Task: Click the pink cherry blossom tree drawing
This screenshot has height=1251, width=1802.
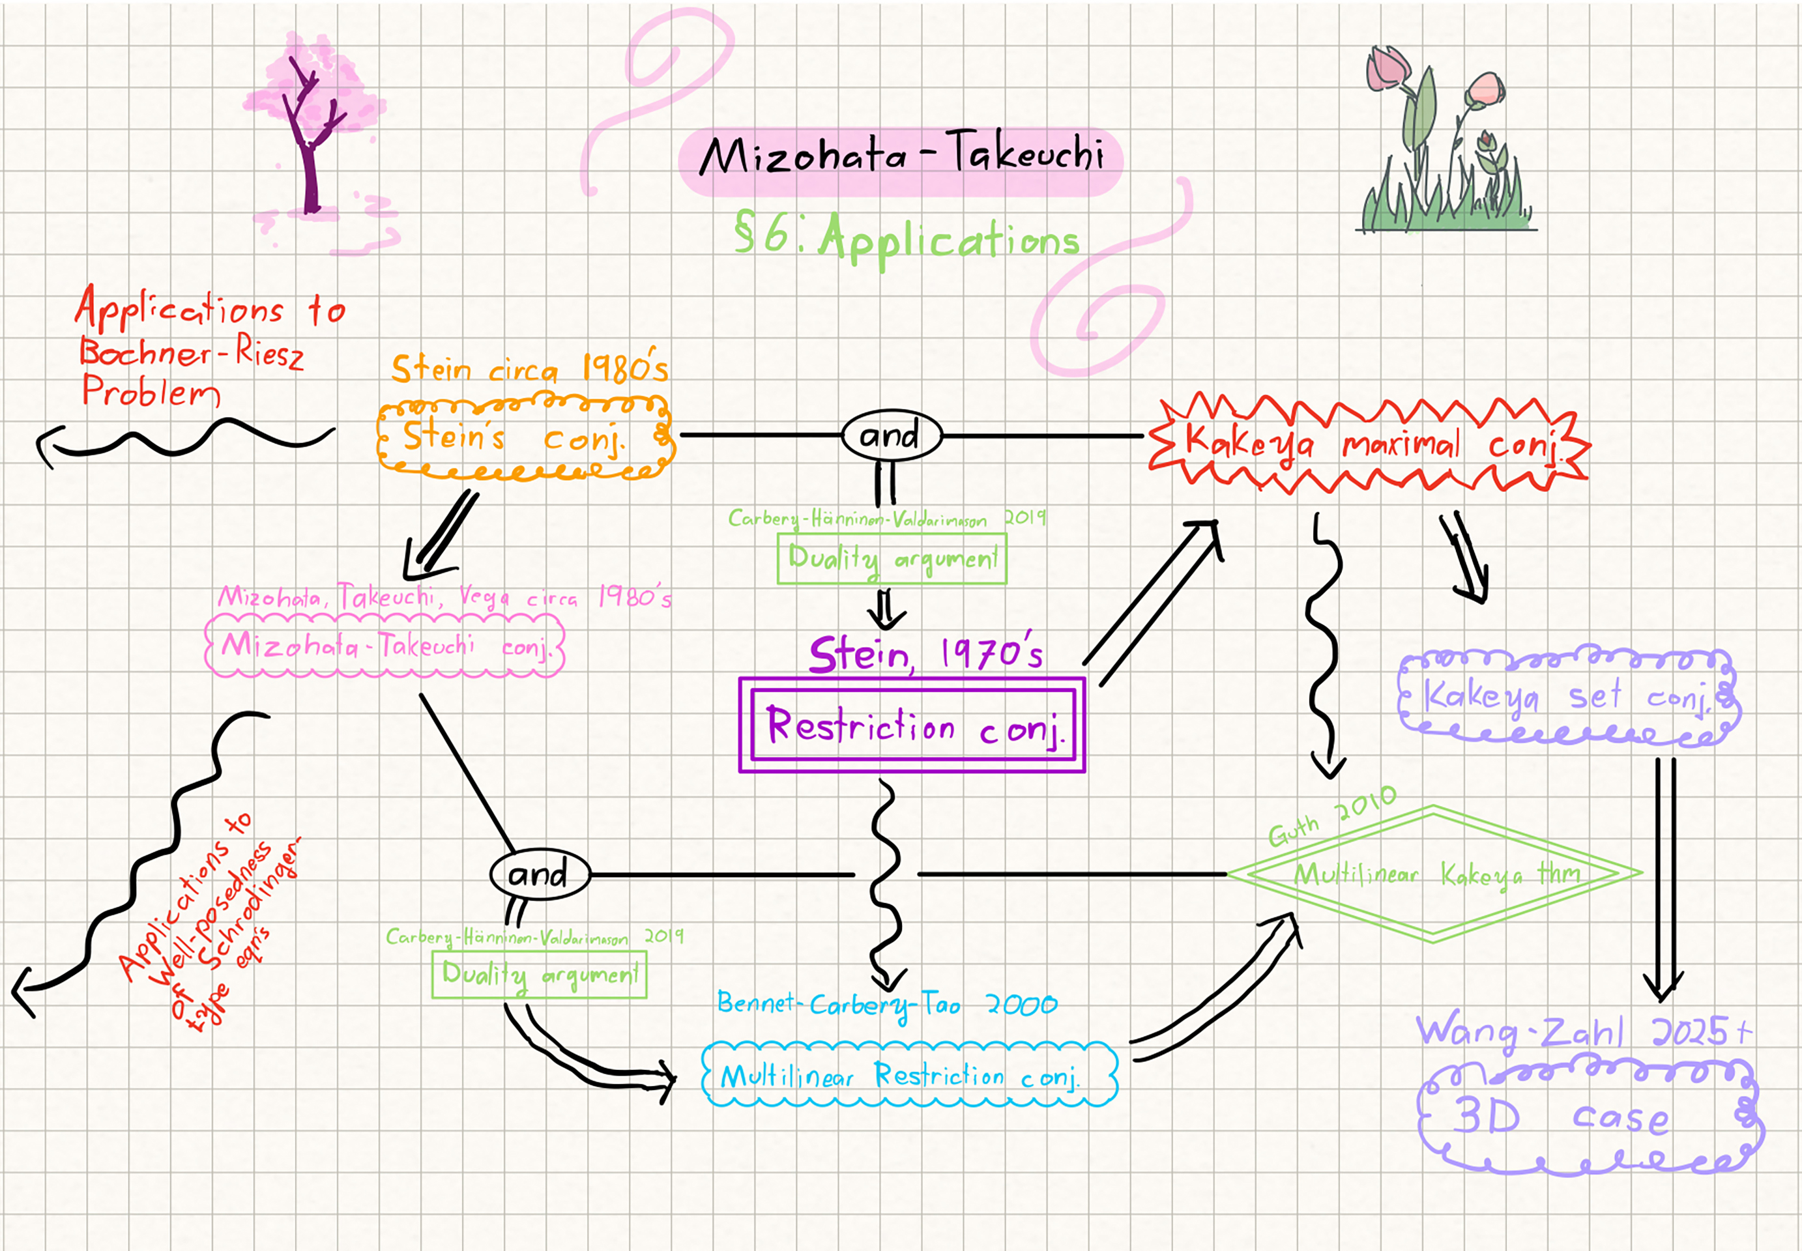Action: pyautogui.click(x=313, y=134)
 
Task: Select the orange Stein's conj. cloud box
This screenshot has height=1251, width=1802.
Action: pyautogui.click(x=523, y=437)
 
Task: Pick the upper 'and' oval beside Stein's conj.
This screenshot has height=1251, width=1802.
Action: pyautogui.click(x=891, y=436)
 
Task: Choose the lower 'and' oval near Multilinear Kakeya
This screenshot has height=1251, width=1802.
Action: pyautogui.click(x=539, y=874)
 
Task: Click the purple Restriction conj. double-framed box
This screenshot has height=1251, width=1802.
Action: pyautogui.click(x=912, y=726)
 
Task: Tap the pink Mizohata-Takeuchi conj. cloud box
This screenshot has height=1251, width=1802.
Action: pyautogui.click(x=384, y=646)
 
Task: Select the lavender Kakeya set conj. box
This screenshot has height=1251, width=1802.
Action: pyautogui.click(x=1567, y=696)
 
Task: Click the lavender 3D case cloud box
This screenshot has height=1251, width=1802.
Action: pyautogui.click(x=1587, y=1117)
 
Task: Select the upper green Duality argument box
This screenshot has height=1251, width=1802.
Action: pyautogui.click(x=892, y=559)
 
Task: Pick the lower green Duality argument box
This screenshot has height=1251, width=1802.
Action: pyautogui.click(x=539, y=974)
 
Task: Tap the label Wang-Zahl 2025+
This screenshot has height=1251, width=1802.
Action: pyautogui.click(x=1583, y=1031)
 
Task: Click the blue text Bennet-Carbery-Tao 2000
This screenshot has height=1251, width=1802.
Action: pyautogui.click(x=886, y=1004)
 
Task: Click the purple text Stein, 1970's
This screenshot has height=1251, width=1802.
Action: pyautogui.click(x=925, y=655)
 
